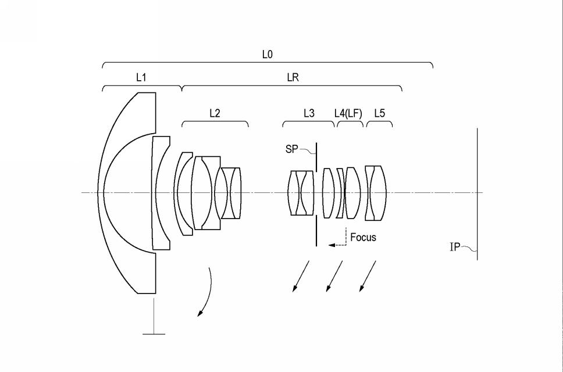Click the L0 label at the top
pyautogui.click(x=267, y=55)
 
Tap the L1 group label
pyautogui.click(x=141, y=77)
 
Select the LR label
pyautogui.click(x=293, y=77)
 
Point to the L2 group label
pyautogui.click(x=215, y=113)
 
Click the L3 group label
pyautogui.click(x=309, y=113)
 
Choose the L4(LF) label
pyautogui.click(x=348, y=113)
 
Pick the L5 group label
pyautogui.click(x=380, y=113)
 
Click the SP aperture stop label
pyautogui.click(x=291, y=149)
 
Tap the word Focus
pyautogui.click(x=363, y=237)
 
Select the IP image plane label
pyautogui.click(x=455, y=247)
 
